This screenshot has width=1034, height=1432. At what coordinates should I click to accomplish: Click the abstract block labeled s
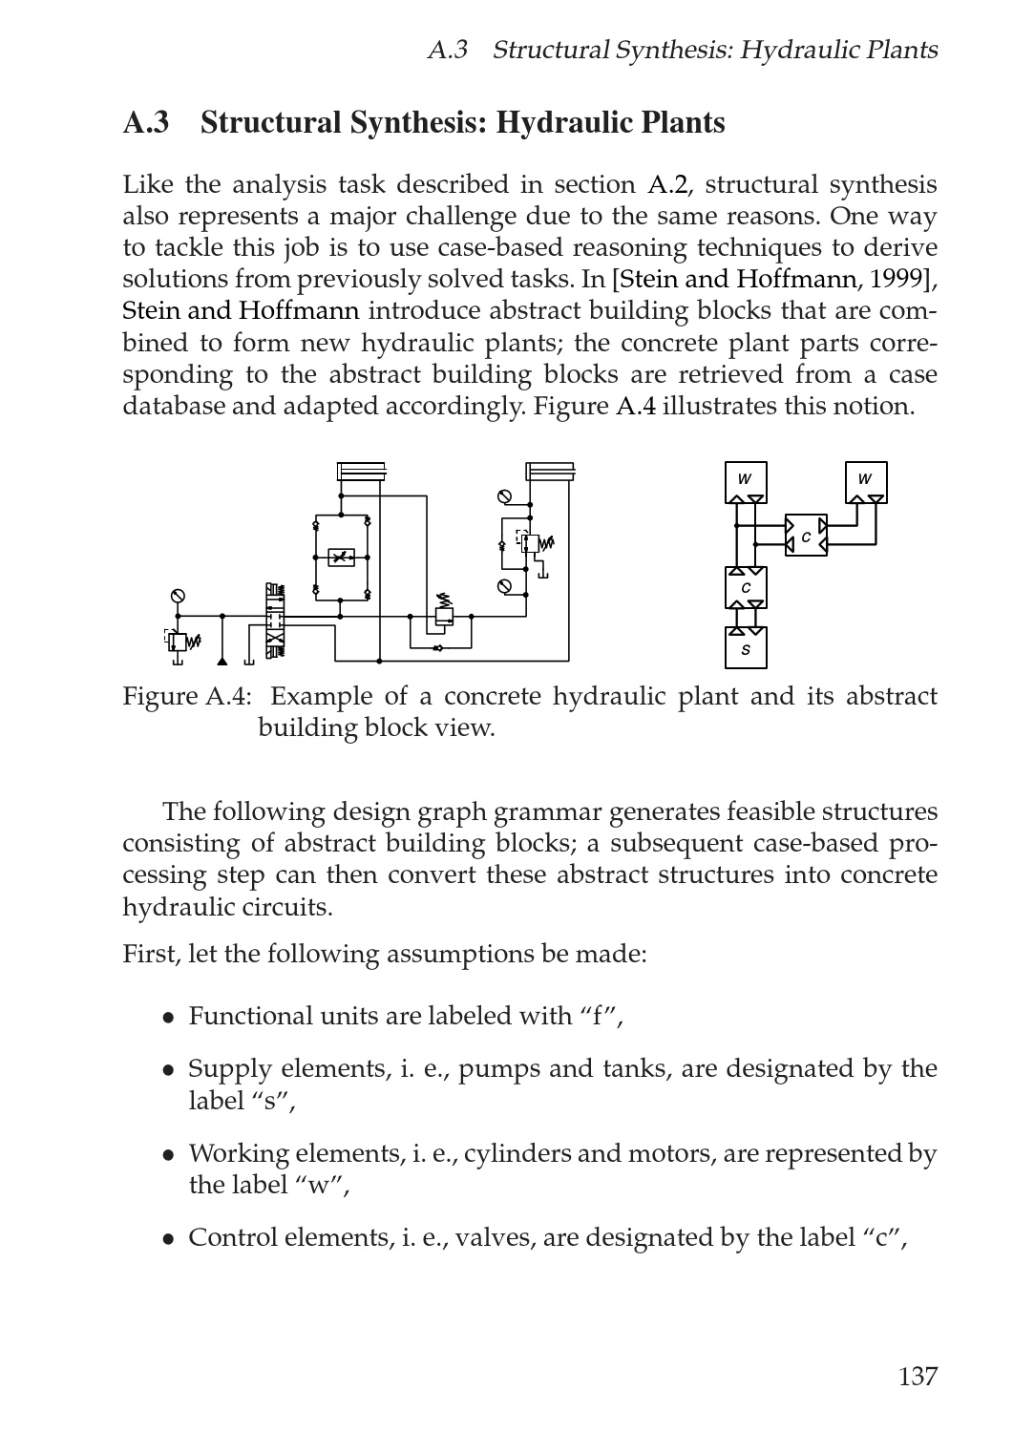point(746,648)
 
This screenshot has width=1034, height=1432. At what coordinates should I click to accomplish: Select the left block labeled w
point(746,481)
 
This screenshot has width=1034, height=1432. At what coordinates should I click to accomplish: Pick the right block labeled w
point(866,481)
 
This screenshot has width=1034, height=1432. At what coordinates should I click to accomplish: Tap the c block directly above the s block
point(746,588)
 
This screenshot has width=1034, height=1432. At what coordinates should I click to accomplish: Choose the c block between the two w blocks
point(806,537)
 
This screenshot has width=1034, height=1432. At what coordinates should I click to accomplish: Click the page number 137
point(918,1376)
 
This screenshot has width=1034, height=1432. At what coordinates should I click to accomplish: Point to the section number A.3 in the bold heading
point(146,123)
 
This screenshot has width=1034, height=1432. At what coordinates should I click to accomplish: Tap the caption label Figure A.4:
point(186,696)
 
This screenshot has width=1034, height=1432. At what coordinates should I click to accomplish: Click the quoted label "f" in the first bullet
point(601,1016)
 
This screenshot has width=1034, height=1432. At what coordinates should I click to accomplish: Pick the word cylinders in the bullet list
point(518,1153)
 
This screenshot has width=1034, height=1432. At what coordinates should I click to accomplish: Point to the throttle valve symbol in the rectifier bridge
point(341,557)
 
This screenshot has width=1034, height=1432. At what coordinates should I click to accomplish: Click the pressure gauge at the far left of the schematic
point(177,597)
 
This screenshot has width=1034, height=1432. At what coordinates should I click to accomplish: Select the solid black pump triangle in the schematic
point(222,661)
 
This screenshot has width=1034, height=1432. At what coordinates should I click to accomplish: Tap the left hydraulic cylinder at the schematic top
point(362,473)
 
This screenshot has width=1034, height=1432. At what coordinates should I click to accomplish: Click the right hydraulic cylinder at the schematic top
point(550,473)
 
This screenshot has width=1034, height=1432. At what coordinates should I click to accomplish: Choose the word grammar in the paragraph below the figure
point(556,812)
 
